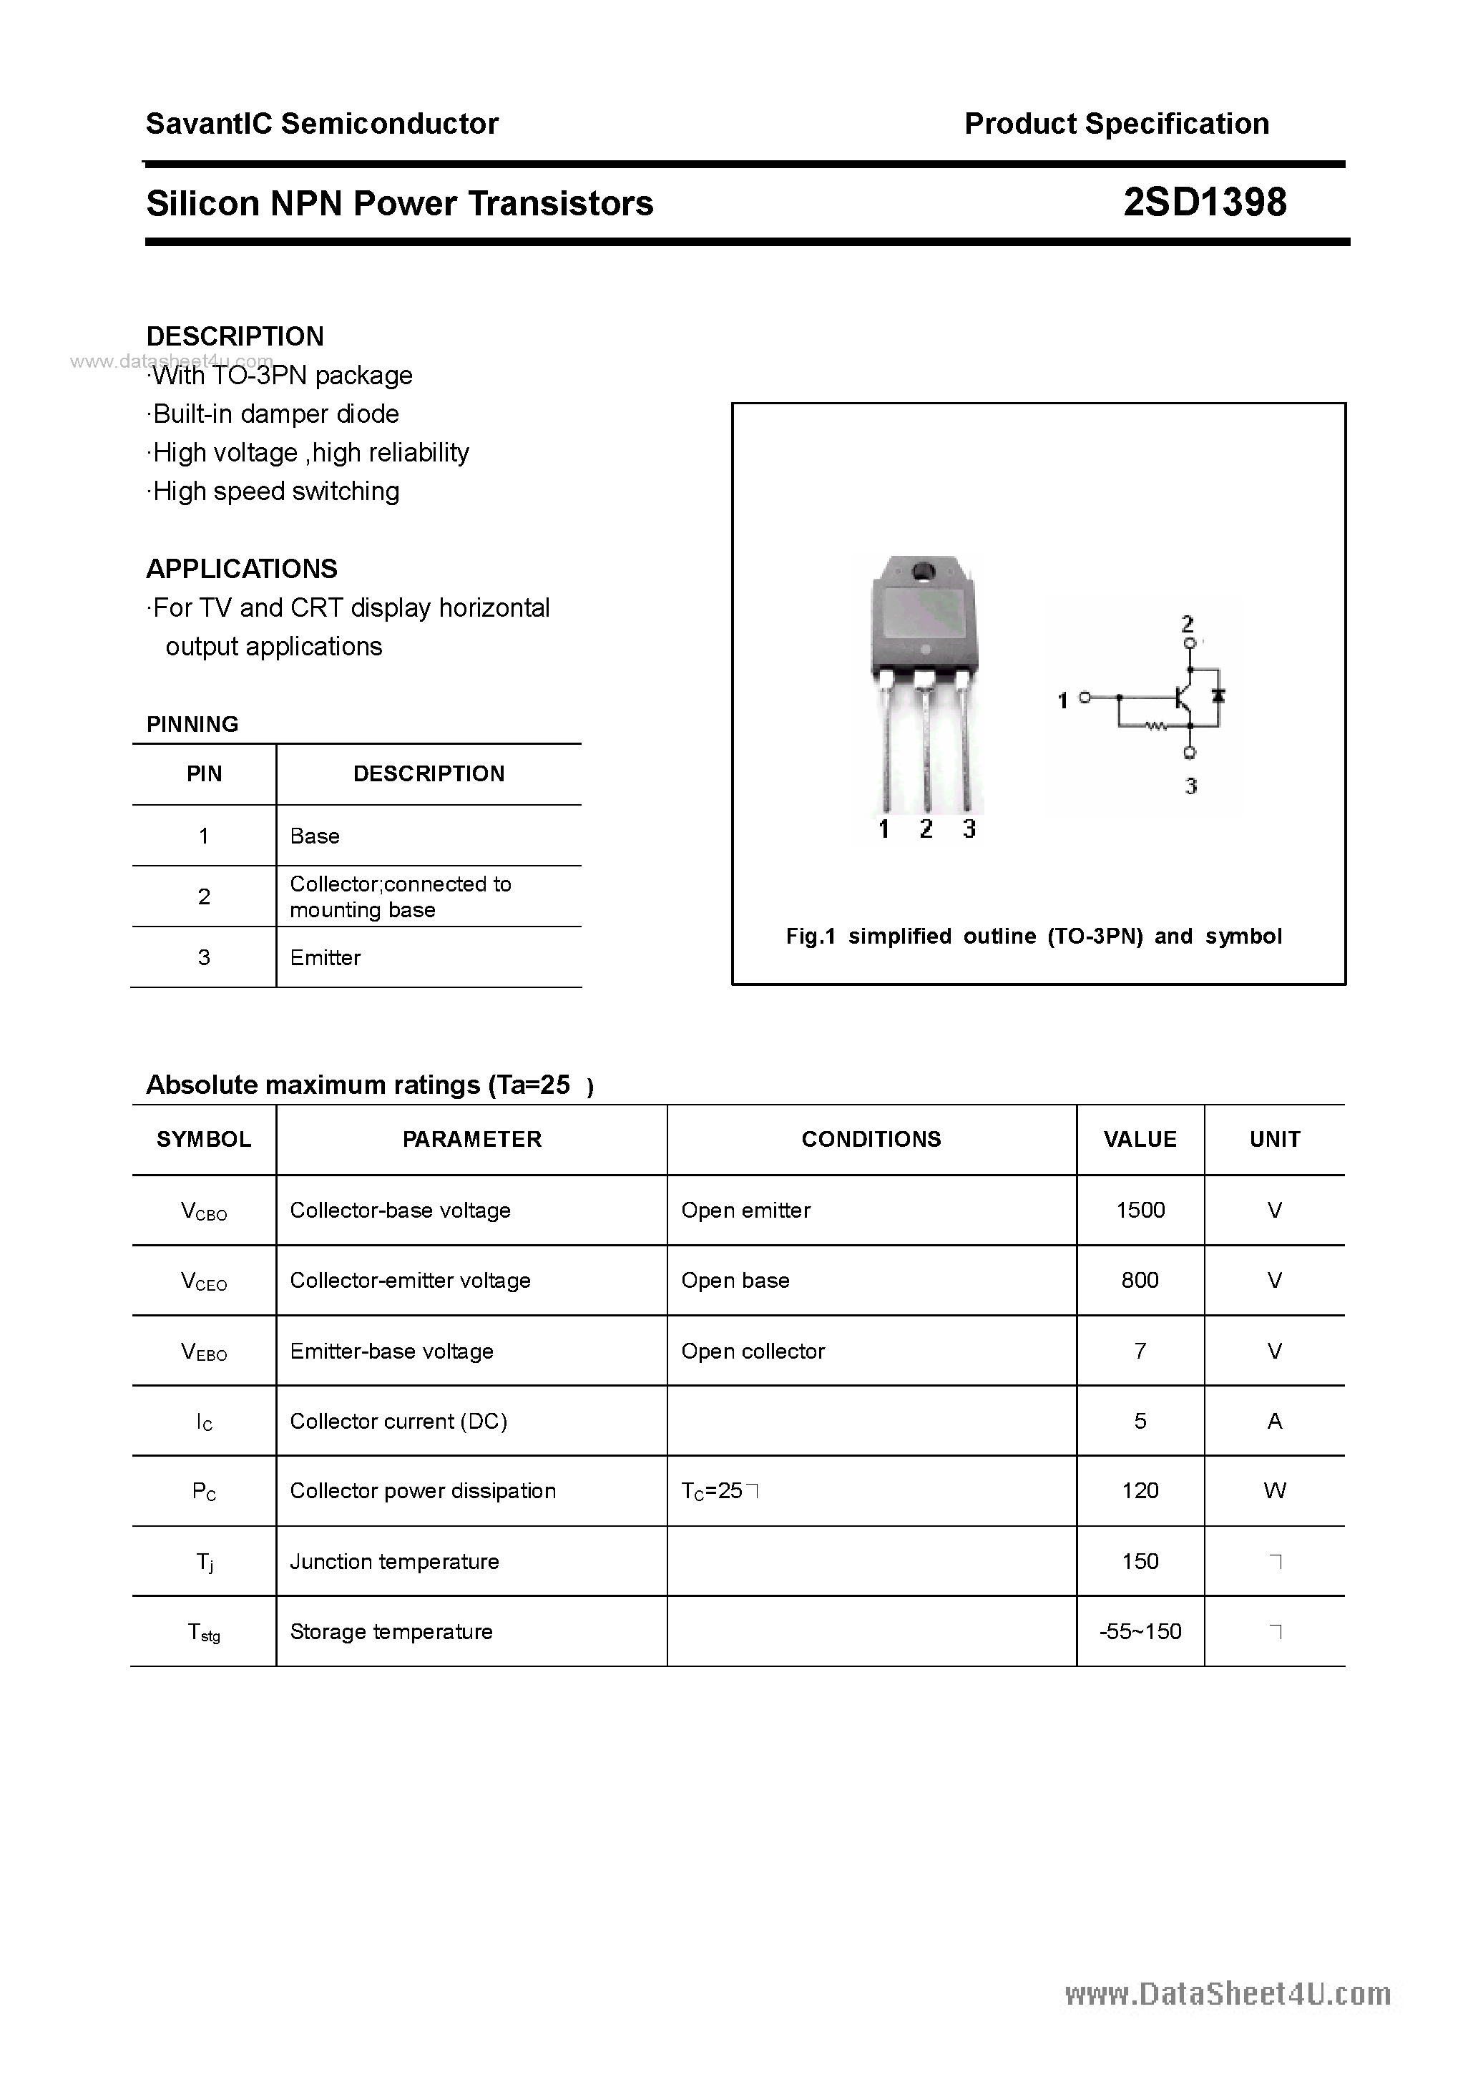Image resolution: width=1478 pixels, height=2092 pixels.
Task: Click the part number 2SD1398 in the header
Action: coord(1204,202)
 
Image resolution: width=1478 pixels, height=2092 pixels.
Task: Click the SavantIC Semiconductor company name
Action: coord(322,124)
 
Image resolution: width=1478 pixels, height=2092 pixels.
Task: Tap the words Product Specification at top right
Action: coord(1116,124)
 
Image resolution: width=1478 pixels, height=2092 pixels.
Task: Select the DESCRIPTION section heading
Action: coord(235,336)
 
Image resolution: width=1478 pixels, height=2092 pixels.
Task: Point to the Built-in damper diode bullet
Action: coord(273,414)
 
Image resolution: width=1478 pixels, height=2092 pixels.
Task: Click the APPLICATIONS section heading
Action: coord(242,569)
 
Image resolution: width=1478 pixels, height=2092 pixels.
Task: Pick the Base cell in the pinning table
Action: coord(314,836)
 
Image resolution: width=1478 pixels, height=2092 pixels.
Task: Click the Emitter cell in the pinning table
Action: coord(326,957)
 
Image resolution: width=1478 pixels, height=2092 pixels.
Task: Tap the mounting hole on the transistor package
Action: coord(923,572)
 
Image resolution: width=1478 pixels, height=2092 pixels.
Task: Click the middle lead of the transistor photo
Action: coord(926,747)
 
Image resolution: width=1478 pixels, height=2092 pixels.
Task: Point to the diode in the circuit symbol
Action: coord(1218,696)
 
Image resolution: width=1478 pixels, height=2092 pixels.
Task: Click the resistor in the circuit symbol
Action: coord(1156,726)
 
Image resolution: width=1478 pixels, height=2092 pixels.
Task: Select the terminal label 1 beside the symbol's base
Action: coord(1062,700)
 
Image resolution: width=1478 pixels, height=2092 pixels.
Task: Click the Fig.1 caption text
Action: coord(1033,936)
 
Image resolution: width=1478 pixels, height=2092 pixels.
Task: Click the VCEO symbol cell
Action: coord(204,1281)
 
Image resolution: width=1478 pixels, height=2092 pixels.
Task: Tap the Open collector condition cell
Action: coord(753,1352)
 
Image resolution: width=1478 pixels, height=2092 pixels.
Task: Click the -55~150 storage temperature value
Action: coord(1140,1631)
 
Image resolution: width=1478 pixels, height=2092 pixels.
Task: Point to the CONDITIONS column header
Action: coord(871,1139)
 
